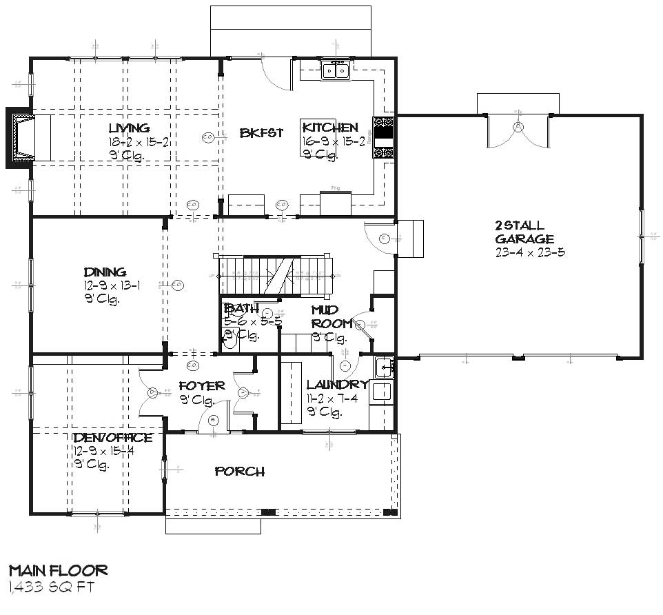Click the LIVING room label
point(129,128)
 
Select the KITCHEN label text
point(330,128)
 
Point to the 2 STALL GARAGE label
point(524,232)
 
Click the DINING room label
point(105,272)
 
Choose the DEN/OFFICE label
point(113,438)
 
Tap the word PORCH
point(239,472)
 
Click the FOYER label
point(201,386)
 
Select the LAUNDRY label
point(336,385)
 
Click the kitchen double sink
point(336,70)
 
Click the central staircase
point(276,275)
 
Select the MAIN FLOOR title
point(58,571)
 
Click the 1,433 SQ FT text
point(51,587)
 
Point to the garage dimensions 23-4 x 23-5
point(530,252)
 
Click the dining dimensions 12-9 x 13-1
point(112,286)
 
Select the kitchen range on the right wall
point(383,137)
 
